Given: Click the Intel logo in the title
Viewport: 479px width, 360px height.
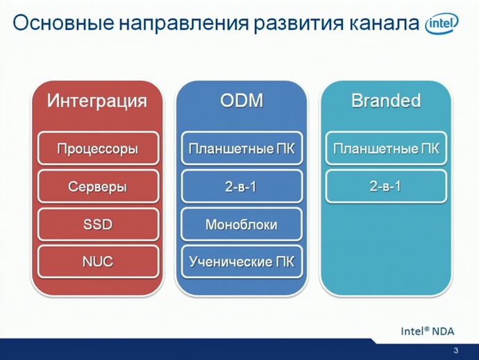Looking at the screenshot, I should pyautogui.click(x=442, y=25).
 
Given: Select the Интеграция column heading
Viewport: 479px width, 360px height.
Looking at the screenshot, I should pyautogui.click(x=97, y=101).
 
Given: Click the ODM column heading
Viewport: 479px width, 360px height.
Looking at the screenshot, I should pyautogui.click(x=241, y=101).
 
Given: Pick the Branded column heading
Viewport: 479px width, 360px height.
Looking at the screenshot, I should pyautogui.click(x=385, y=101).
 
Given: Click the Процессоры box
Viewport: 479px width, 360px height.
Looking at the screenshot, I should pyautogui.click(x=97, y=148).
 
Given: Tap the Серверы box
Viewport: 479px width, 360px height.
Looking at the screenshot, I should pyautogui.click(x=97, y=187).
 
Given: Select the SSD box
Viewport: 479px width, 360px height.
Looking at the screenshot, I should pyautogui.click(x=97, y=225).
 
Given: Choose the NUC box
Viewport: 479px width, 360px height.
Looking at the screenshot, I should pyautogui.click(x=97, y=262).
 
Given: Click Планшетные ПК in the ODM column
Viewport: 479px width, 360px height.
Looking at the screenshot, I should pyautogui.click(x=241, y=148).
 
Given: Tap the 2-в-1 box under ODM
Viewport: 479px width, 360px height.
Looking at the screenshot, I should pyautogui.click(x=241, y=187).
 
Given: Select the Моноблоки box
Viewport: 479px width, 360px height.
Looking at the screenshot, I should pyautogui.click(x=241, y=225).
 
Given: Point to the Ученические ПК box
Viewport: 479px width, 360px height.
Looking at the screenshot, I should pyautogui.click(x=241, y=262).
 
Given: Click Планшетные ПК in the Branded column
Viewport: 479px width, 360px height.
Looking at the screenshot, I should pyautogui.click(x=385, y=148).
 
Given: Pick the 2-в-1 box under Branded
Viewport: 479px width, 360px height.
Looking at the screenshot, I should pyautogui.click(x=385, y=187).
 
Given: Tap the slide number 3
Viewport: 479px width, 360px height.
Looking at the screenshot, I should pyautogui.click(x=455, y=350).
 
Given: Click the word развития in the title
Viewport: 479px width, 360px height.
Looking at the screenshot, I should pyautogui.click(x=290, y=23).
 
